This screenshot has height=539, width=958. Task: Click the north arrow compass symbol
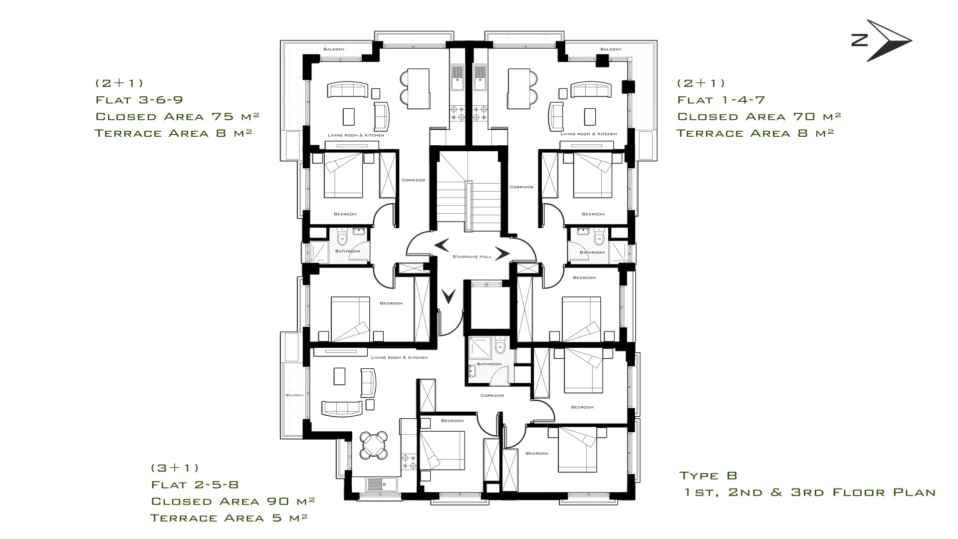(889, 41)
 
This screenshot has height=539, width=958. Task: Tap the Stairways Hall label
(472, 257)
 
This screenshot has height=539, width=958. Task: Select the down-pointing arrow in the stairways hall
(450, 296)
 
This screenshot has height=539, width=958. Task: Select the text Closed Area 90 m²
(233, 501)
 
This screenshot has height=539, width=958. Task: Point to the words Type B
(708, 476)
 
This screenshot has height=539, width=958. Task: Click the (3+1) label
(175, 468)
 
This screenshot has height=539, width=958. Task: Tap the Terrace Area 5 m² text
(229, 518)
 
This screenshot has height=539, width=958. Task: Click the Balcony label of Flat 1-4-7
(611, 49)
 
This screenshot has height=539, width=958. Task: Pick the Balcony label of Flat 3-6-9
(334, 49)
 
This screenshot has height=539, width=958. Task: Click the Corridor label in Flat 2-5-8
(492, 395)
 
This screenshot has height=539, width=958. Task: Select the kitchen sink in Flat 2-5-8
(382, 484)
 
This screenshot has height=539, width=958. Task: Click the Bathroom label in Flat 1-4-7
(592, 253)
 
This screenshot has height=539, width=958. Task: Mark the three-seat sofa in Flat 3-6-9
(348, 90)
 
